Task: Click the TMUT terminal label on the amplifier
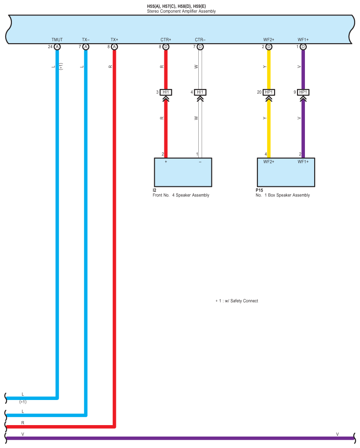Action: click(57, 40)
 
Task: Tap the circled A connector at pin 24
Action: click(57, 47)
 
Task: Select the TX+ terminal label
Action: click(114, 40)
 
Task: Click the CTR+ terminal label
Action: click(166, 40)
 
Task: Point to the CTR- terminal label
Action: click(200, 40)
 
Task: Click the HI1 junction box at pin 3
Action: click(166, 92)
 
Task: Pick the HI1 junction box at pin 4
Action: click(200, 92)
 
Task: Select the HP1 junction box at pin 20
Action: click(269, 92)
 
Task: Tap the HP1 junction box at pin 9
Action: click(303, 92)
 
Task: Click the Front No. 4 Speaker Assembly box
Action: click(183, 172)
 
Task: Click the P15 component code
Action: click(259, 190)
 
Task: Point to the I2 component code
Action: click(154, 190)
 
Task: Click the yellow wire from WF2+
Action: click(269, 128)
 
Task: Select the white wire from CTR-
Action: click(200, 128)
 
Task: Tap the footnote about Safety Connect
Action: click(237, 301)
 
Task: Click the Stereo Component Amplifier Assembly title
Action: click(182, 11)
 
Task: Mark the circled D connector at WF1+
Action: click(303, 47)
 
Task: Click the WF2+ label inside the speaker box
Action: click(269, 162)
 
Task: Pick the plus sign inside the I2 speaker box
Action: click(166, 162)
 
